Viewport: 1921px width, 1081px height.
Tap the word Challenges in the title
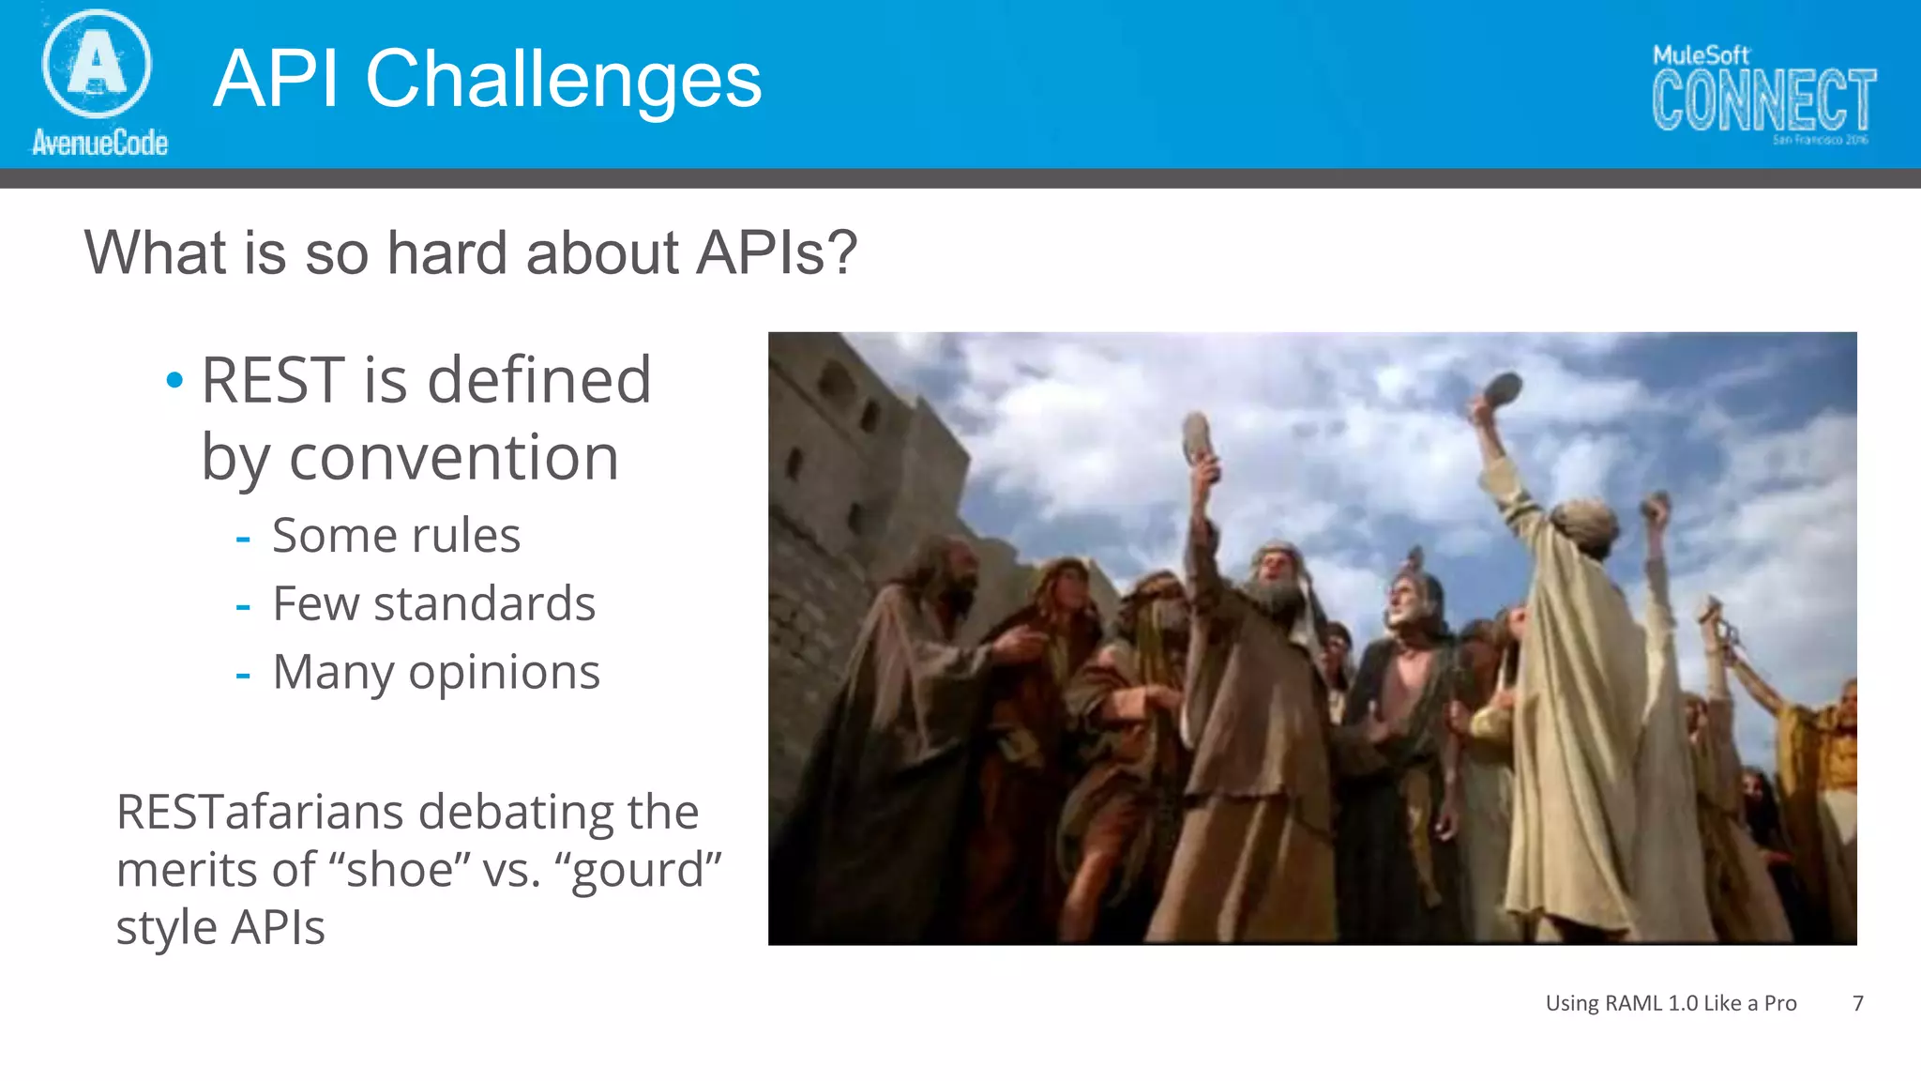[563, 80]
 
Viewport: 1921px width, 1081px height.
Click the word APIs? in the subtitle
[776, 253]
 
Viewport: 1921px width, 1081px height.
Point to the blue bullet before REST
[174, 380]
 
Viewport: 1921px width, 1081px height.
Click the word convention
[454, 458]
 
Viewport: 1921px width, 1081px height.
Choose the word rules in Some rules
[465, 537]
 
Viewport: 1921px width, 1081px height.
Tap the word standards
[484, 604]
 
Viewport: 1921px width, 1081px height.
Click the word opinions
[504, 673]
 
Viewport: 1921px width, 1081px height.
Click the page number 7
[1857, 1003]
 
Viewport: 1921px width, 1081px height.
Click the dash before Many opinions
[243, 675]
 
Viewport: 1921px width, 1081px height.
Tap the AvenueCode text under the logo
[99, 143]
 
